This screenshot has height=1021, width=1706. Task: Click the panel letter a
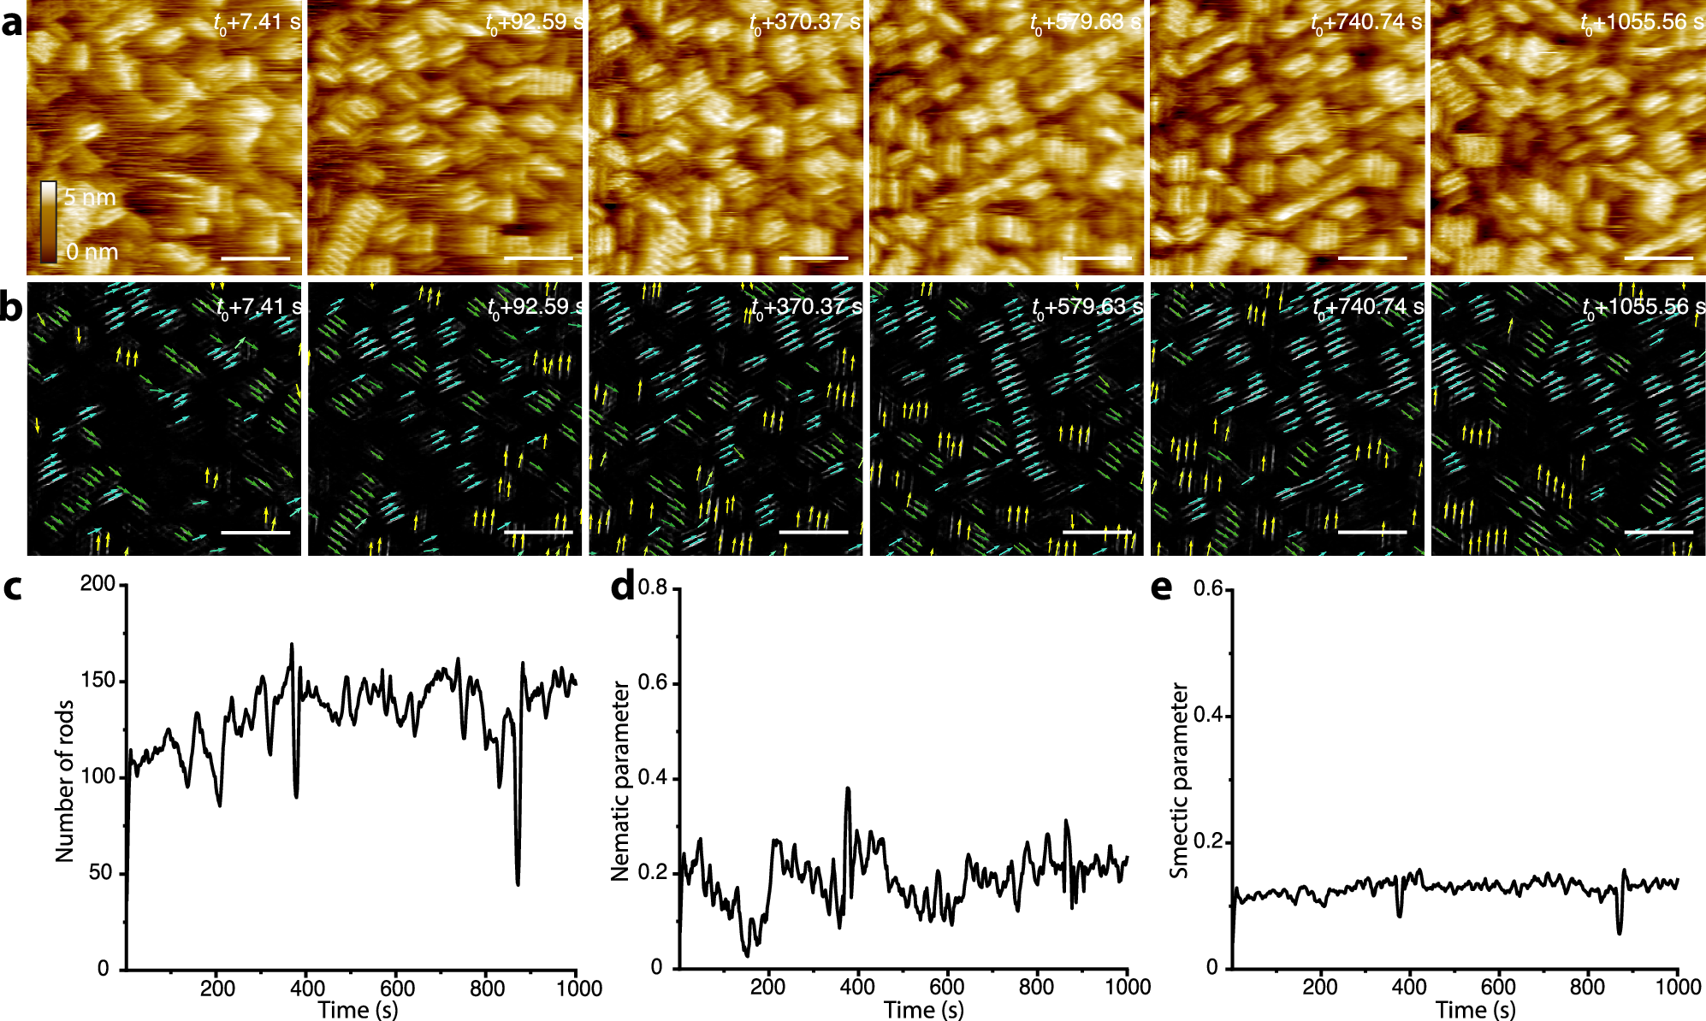pos(12,24)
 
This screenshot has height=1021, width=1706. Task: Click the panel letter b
pos(12,307)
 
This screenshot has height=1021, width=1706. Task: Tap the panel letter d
pos(623,588)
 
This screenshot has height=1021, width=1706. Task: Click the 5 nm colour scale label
pos(90,198)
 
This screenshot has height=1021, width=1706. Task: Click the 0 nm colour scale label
pos(92,252)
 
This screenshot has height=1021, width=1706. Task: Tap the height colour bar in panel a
pos(49,221)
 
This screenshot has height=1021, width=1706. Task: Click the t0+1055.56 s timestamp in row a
pos(1642,22)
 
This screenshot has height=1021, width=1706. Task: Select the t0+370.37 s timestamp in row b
pos(806,306)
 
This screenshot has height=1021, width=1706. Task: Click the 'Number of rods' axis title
pos(65,781)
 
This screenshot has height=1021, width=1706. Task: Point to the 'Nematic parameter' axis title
pos(620,781)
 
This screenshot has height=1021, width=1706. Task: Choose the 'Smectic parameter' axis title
pos(1180,780)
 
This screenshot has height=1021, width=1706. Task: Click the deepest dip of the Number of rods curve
pos(518,884)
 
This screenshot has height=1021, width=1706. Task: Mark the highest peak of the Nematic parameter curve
pos(848,788)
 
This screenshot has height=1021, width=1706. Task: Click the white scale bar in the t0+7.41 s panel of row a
pos(255,258)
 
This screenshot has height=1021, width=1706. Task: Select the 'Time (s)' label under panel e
pos(1476,1010)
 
